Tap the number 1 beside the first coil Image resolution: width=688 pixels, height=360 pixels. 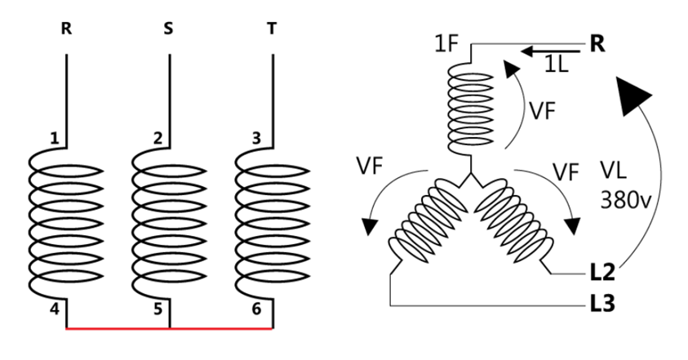pyautogui.click(x=54, y=138)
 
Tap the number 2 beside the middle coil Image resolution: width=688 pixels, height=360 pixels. pyautogui.click(x=158, y=138)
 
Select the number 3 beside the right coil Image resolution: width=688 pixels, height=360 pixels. pyautogui.click(x=257, y=138)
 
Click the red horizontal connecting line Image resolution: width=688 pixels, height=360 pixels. pyautogui.click(x=169, y=328)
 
